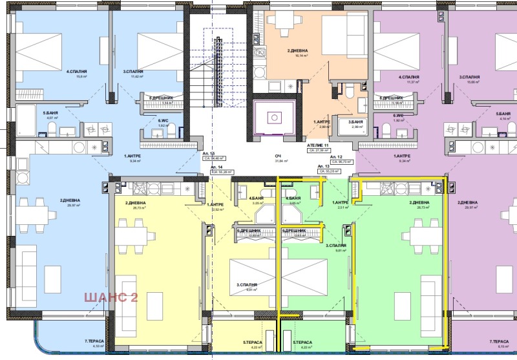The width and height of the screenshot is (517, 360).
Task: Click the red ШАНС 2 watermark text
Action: pyautogui.click(x=110, y=298)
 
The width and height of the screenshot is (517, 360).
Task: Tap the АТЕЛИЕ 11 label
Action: pyautogui.click(x=318, y=146)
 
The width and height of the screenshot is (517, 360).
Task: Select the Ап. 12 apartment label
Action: pyautogui.click(x=336, y=157)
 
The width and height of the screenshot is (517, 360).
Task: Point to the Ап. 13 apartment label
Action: pyautogui.click(x=322, y=166)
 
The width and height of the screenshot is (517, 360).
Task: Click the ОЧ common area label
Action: pyautogui.click(x=278, y=156)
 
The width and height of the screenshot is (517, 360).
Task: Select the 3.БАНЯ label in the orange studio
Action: pyautogui.click(x=355, y=122)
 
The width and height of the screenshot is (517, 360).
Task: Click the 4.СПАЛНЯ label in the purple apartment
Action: pyautogui.click(x=408, y=77)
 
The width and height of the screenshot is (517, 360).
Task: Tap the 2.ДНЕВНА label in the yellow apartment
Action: pyautogui.click(x=135, y=204)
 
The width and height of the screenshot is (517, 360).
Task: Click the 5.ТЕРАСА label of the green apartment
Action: pyautogui.click(x=302, y=343)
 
